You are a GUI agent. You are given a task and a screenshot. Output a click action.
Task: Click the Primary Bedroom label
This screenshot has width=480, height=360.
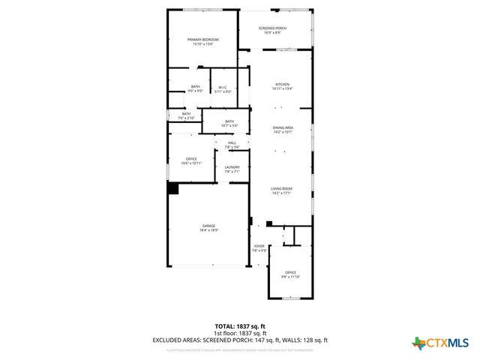200,41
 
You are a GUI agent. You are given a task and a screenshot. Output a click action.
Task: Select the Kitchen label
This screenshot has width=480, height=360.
282,86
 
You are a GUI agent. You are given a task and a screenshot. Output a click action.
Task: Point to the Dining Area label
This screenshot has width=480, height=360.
282,130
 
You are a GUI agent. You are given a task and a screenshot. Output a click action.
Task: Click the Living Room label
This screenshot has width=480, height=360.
282,190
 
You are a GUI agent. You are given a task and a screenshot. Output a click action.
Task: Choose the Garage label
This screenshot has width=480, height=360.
208,227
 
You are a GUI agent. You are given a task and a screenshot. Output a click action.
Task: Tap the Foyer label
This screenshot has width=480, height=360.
259,247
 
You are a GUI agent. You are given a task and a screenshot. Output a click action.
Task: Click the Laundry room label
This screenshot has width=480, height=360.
232,169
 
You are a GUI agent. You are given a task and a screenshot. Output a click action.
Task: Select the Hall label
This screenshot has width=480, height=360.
232,145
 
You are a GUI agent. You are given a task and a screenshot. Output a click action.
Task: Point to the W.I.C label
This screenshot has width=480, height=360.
223,89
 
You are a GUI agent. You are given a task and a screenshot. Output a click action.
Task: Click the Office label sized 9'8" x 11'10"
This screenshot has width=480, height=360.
290,274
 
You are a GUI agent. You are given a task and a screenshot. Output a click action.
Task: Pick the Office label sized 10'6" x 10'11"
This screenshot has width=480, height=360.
191,160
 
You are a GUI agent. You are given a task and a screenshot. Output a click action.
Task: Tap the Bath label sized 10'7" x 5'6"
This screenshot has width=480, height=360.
229,123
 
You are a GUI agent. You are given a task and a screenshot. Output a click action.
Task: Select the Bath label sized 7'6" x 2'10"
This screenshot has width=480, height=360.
186,115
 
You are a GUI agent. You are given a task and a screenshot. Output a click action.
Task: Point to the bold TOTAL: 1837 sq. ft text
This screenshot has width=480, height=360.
240,326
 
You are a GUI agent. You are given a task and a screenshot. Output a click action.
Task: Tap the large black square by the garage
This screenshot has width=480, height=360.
172,189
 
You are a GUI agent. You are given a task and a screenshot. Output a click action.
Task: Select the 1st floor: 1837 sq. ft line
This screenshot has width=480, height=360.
240,333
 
